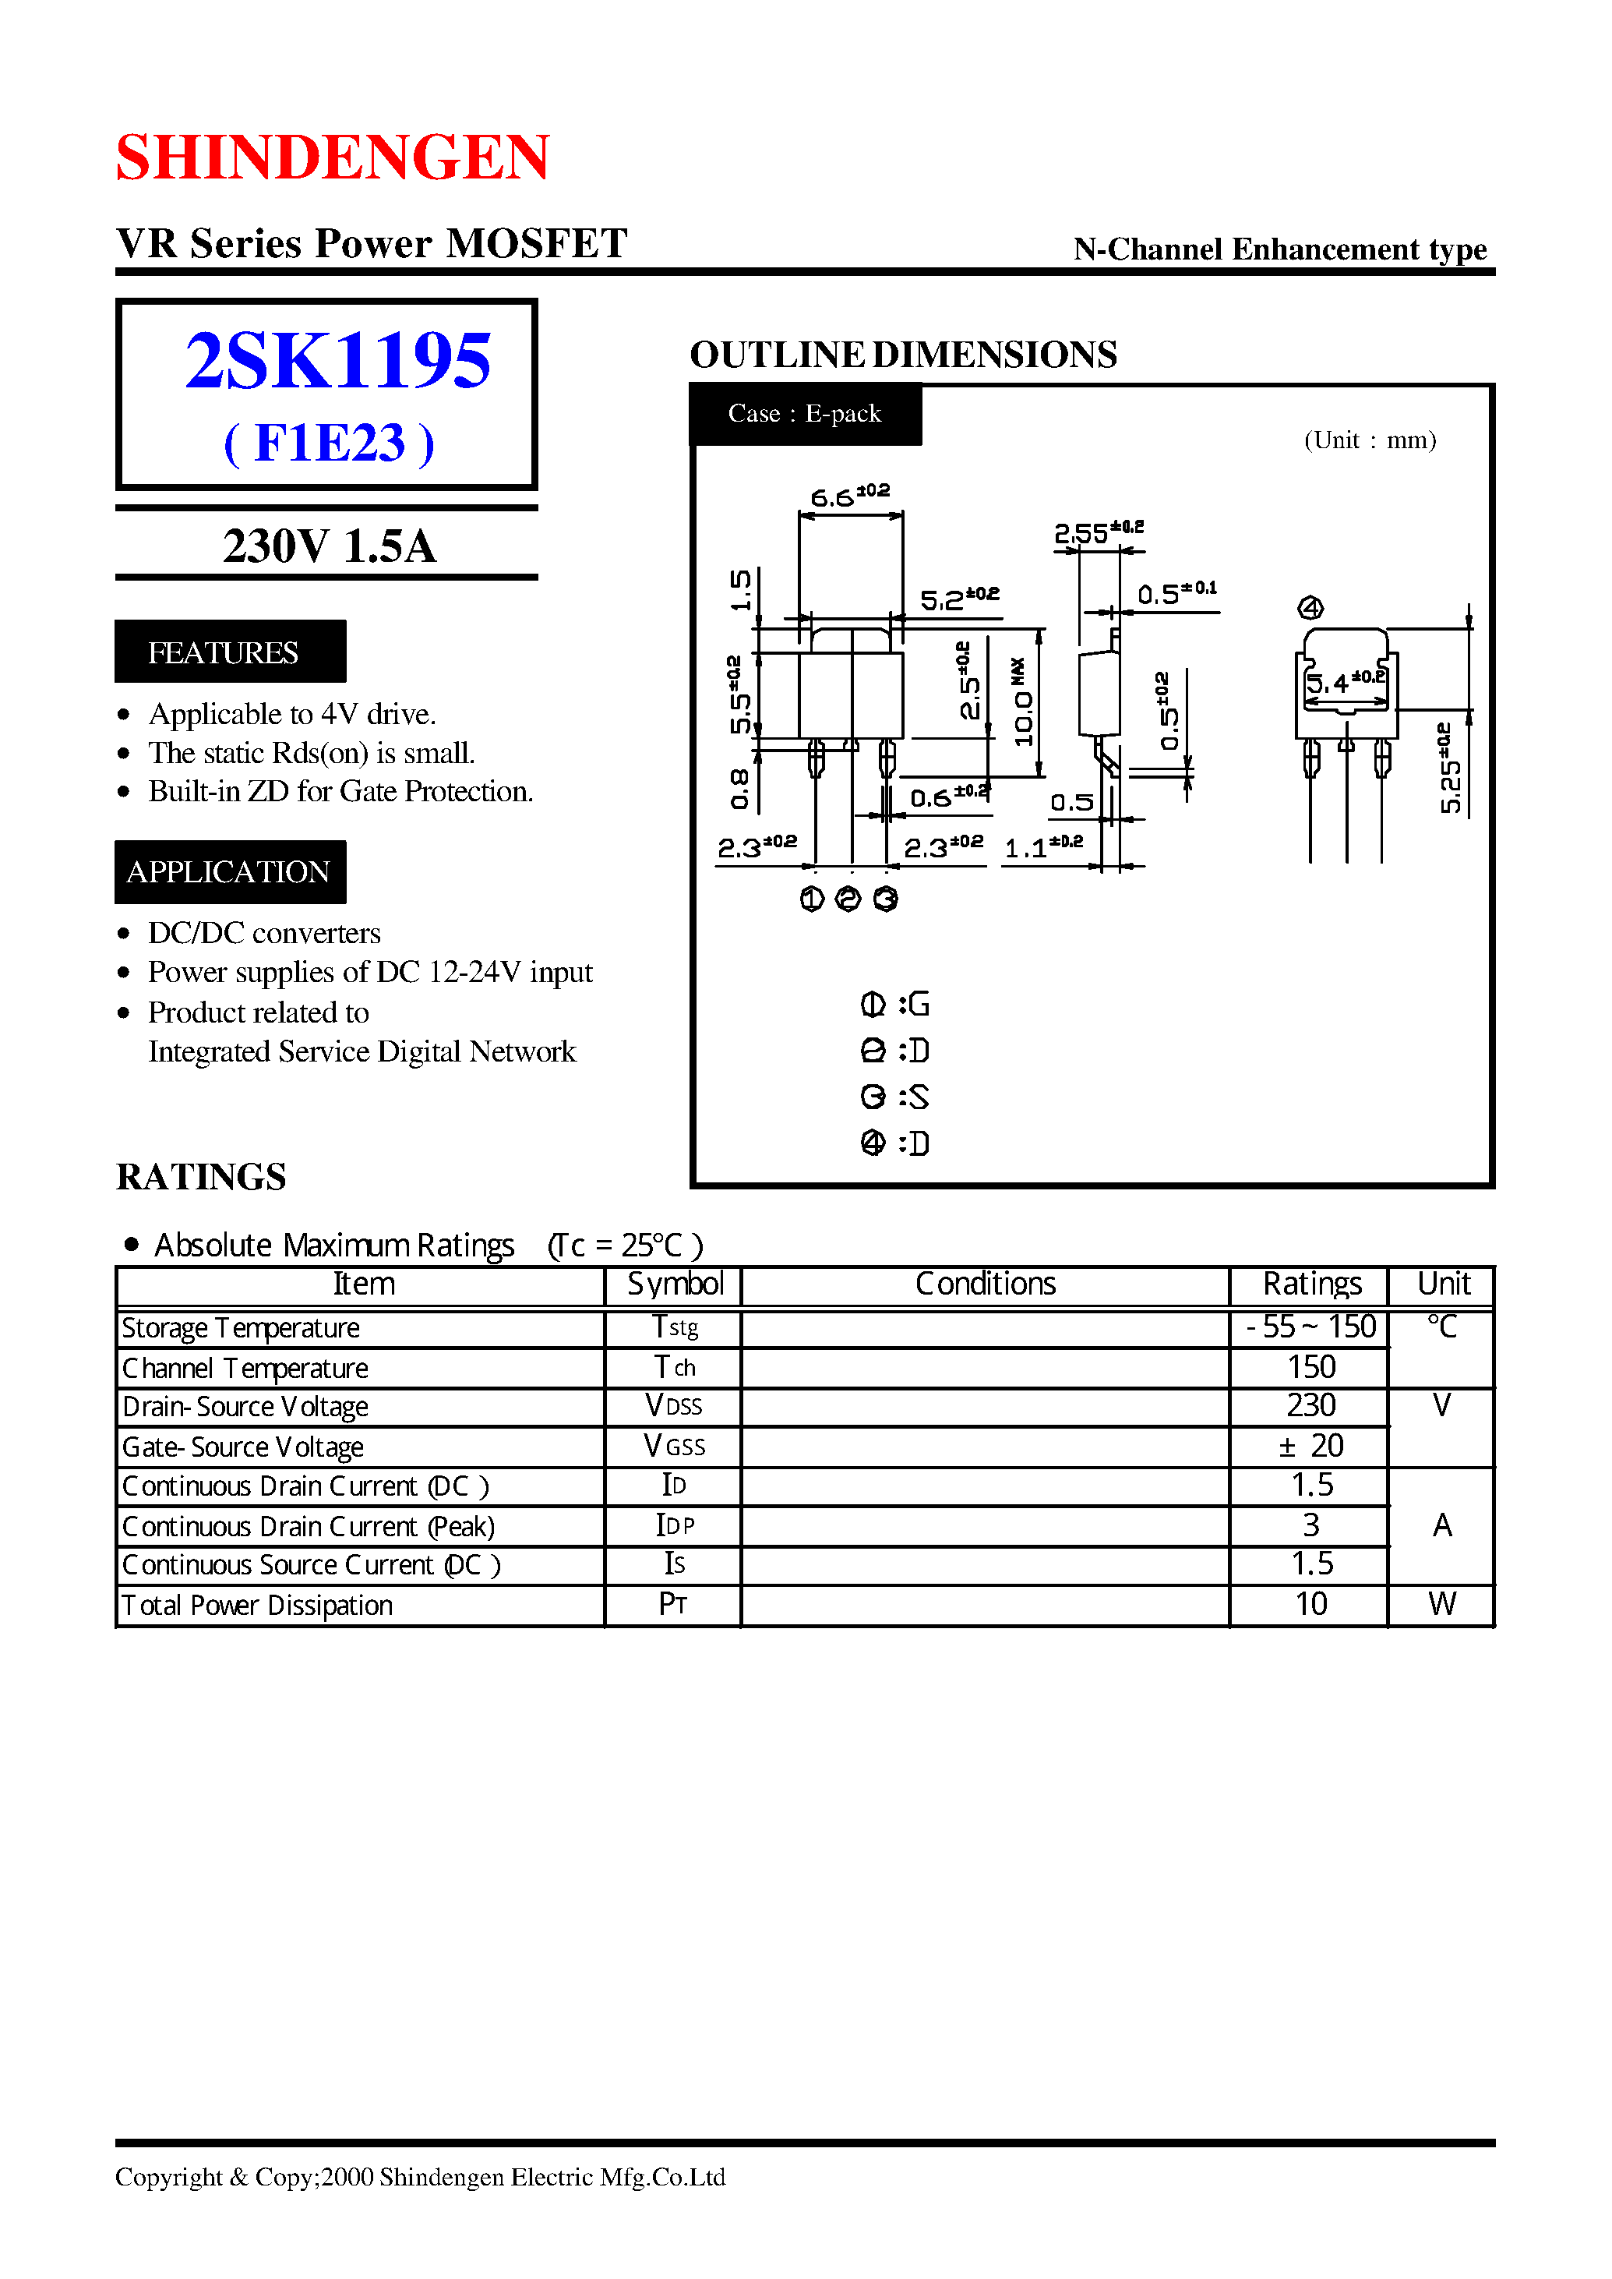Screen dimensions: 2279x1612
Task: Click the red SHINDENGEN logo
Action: click(333, 157)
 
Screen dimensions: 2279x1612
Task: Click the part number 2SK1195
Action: click(337, 360)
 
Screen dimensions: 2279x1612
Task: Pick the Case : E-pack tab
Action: click(804, 413)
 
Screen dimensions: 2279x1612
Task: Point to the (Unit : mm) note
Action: click(1369, 440)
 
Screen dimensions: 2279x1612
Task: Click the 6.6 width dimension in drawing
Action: click(850, 496)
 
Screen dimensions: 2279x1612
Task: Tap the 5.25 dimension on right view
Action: click(1450, 768)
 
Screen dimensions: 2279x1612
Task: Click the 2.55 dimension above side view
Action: click(1097, 532)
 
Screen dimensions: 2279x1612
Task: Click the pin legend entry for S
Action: click(894, 1097)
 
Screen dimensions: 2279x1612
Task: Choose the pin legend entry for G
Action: click(894, 1005)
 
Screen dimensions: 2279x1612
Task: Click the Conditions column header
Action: click(985, 1284)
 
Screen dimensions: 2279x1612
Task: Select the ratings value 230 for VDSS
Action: click(1310, 1406)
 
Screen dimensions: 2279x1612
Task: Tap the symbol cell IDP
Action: click(674, 1525)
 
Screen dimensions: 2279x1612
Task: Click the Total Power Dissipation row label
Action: click(257, 1605)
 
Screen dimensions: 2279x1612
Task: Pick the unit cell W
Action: click(1441, 1604)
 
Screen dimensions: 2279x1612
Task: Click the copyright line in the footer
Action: click(420, 2177)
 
